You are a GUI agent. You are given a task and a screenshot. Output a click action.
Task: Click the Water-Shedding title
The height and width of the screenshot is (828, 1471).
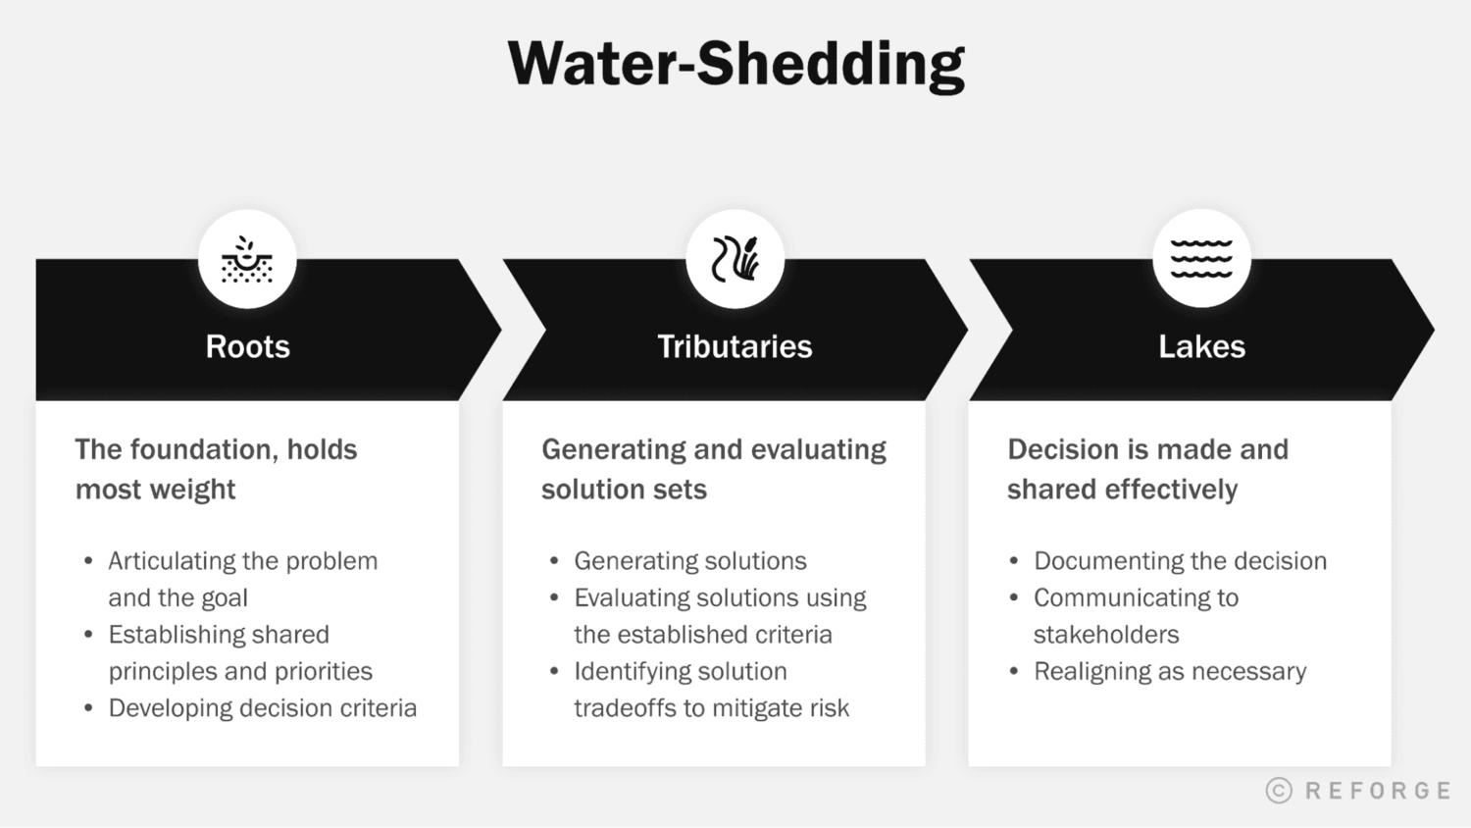[735, 65]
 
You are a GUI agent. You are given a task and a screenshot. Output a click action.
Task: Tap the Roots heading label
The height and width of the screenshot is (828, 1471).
[247, 346]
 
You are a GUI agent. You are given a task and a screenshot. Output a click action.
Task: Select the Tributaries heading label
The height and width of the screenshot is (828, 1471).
[735, 346]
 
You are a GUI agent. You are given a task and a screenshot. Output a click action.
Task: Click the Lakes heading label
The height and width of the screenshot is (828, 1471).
[1201, 346]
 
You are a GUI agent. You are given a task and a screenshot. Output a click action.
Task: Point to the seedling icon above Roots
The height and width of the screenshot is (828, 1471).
[247, 259]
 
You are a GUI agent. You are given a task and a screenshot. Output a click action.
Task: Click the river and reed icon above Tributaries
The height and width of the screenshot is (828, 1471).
[735, 259]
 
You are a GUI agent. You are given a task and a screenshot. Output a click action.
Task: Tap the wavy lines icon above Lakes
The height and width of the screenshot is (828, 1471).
[1201, 259]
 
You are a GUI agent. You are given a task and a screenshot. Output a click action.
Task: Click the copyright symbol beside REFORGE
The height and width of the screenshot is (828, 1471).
[1279, 791]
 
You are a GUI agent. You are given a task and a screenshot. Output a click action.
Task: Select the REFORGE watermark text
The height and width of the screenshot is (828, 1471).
[1377, 791]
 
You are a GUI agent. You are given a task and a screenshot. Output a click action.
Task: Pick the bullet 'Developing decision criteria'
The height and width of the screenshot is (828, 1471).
[262, 708]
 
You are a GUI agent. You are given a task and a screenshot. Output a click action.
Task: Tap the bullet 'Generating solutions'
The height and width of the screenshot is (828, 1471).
[689, 561]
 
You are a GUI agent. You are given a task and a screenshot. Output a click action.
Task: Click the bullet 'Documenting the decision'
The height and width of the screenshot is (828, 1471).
[1180, 561]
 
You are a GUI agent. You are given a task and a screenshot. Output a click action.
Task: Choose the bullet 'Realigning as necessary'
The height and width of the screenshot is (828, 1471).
[1170, 672]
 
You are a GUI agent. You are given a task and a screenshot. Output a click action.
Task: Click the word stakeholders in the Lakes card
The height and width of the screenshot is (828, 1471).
[1106, 635]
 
